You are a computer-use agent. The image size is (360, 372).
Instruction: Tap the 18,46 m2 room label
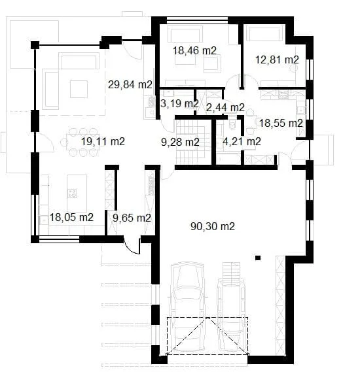pos(195,50)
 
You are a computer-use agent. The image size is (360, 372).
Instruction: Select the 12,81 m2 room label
pos(277,59)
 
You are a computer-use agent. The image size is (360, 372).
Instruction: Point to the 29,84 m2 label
pos(130,84)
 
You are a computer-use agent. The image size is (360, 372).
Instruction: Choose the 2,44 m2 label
pos(225,107)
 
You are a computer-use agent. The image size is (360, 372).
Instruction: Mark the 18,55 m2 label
pos(281,122)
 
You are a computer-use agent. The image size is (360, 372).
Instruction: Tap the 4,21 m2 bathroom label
pos(242,141)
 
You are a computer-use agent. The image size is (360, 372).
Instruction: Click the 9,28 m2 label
pos(180,141)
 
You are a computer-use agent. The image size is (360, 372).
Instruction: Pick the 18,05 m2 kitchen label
pos(71,218)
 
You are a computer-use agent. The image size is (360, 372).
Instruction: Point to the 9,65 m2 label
pos(132,218)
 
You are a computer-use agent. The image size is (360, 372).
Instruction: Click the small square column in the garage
pos(259,257)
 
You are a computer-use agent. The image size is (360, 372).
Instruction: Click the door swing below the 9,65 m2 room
pos(133,246)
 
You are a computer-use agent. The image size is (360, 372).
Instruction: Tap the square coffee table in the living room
pos(79,88)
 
